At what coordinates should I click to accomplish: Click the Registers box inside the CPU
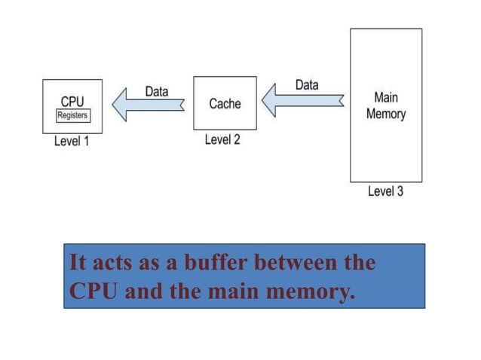[73, 116]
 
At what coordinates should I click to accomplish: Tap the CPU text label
[72, 101]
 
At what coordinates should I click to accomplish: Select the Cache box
[225, 103]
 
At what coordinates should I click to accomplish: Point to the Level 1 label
[72, 142]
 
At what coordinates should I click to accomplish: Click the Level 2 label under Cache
[222, 140]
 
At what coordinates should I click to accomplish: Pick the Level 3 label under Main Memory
[385, 191]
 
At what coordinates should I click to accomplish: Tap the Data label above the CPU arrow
[156, 91]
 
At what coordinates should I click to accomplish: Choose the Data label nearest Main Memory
[306, 84]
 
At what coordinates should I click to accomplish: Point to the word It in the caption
[76, 264]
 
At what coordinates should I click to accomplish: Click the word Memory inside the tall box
[385, 114]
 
